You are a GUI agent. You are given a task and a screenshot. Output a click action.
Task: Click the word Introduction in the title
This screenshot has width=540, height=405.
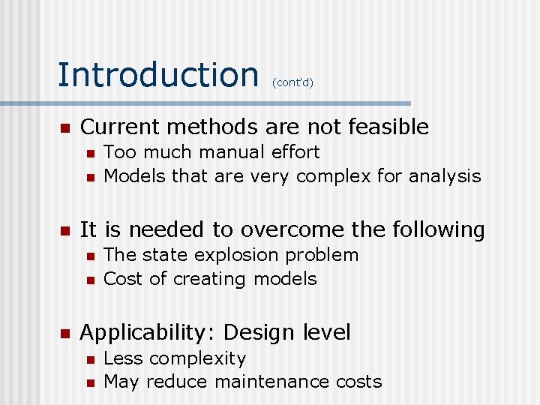pyautogui.click(x=157, y=74)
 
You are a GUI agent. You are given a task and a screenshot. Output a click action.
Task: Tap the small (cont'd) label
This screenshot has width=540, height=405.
pyautogui.click(x=292, y=82)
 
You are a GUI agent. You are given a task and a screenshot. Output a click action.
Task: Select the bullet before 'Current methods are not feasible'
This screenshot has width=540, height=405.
pyautogui.click(x=65, y=127)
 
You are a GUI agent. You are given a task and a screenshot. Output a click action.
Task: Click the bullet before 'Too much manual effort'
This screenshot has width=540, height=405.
pyautogui.click(x=89, y=153)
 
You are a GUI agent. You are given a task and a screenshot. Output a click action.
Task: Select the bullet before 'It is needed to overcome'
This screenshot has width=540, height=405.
pyautogui.click(x=65, y=230)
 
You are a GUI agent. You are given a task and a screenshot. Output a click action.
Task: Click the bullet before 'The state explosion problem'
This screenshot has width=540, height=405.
pyautogui.click(x=89, y=256)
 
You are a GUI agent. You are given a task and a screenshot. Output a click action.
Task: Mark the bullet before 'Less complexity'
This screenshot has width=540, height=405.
pyautogui.click(x=89, y=359)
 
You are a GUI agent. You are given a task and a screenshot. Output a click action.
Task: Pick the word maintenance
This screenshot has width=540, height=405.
pyautogui.click(x=271, y=382)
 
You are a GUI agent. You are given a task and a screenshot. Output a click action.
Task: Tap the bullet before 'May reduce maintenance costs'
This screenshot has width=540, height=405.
pyautogui.click(x=89, y=382)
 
